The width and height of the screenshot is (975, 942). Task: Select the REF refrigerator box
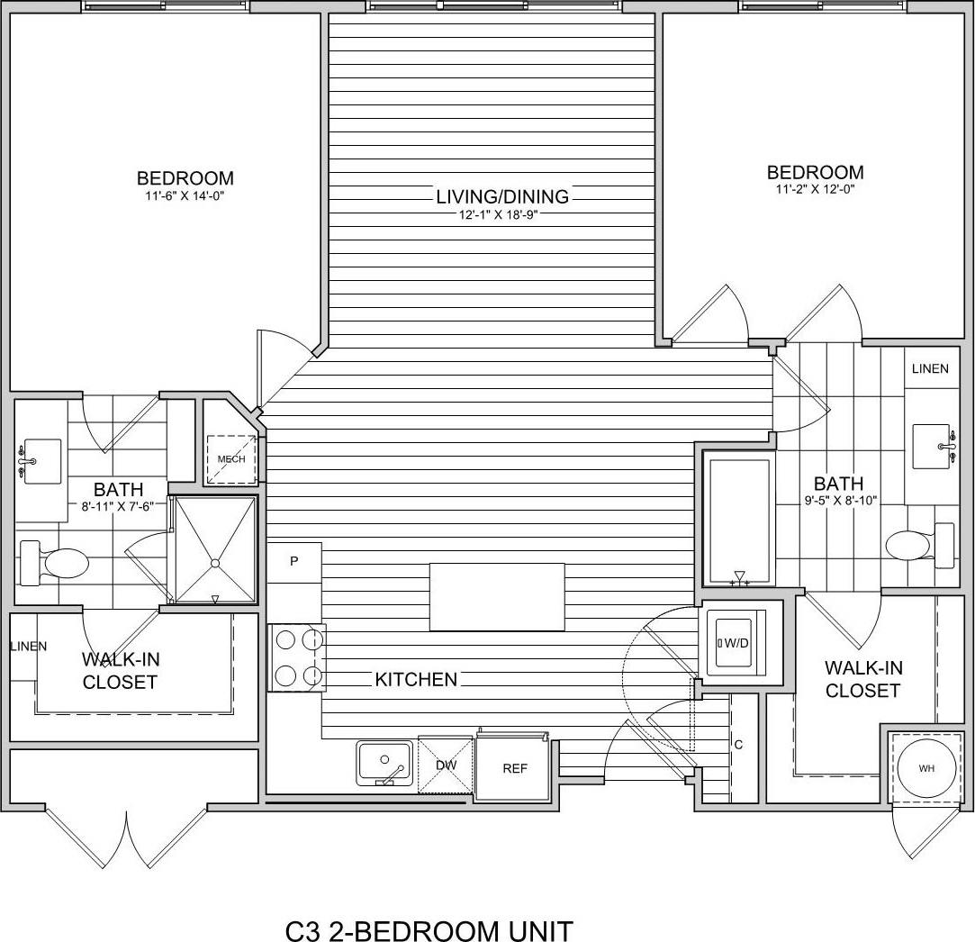[514, 768]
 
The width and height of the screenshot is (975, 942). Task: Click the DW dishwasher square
[446, 765]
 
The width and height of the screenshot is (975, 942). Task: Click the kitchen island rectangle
[497, 596]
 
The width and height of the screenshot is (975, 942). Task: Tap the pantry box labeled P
[294, 561]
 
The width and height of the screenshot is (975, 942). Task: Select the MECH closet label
[231, 459]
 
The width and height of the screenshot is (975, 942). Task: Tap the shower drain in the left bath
[215, 564]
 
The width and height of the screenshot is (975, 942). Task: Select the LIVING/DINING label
[502, 196]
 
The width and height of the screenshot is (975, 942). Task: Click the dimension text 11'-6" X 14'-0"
[185, 195]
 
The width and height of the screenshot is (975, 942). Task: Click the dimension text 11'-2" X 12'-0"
[815, 189]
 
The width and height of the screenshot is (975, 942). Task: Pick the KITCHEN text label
[417, 679]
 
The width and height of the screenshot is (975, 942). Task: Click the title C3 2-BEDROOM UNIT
[429, 929]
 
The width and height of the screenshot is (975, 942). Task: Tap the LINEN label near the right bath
[930, 369]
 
